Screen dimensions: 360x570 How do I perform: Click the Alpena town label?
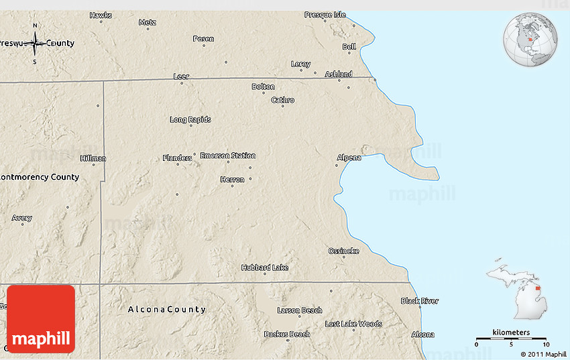[x=349, y=158]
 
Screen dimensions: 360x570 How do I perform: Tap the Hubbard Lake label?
[x=265, y=267]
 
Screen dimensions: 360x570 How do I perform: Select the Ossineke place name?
[x=343, y=251]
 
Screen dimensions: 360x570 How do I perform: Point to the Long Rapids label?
[x=190, y=119]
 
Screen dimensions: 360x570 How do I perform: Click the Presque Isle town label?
[x=325, y=14]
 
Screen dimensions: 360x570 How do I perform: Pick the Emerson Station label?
[x=228, y=156]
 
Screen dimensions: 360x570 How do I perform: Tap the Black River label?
[x=420, y=301]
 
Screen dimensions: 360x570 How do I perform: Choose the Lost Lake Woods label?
[x=353, y=324]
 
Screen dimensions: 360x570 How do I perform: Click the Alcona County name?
[x=167, y=309]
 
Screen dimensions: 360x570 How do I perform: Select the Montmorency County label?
[x=40, y=177]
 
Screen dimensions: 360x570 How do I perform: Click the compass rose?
[x=35, y=44]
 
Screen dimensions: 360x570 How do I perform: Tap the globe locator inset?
[x=530, y=40]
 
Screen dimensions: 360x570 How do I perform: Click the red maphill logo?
[x=40, y=319]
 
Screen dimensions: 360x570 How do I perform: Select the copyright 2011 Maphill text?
[x=544, y=353]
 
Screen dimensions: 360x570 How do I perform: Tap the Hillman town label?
[x=93, y=158]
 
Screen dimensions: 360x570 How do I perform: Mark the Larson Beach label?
[x=300, y=310]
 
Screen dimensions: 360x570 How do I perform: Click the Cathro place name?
[x=282, y=100]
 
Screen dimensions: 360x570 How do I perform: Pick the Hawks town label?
[x=101, y=14]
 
